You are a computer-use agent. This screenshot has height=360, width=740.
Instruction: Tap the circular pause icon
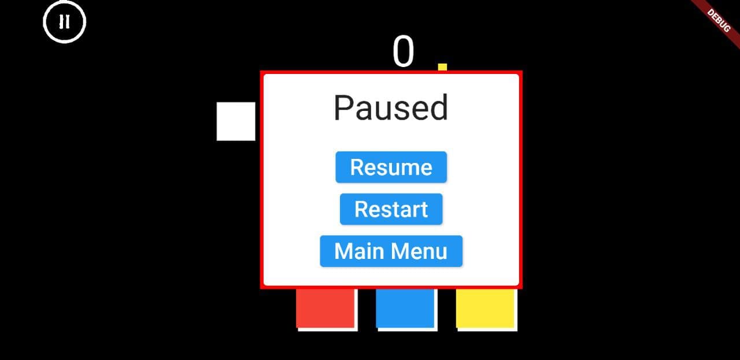64,22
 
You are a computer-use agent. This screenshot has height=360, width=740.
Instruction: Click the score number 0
404,52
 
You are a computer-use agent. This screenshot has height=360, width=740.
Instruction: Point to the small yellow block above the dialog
442,67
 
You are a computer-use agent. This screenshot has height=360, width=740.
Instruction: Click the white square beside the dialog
236,121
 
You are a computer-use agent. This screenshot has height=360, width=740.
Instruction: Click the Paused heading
391,107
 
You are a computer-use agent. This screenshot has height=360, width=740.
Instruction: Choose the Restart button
391,209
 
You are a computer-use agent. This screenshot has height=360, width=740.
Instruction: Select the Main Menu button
391,251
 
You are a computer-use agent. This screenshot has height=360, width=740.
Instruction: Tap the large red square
325,307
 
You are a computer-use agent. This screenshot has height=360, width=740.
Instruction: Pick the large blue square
405,307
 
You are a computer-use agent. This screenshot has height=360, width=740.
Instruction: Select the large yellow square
484,307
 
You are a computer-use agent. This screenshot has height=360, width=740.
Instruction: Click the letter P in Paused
344,107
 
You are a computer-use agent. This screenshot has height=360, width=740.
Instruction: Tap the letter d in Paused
438,107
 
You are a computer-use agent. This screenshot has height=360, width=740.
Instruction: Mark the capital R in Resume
357,168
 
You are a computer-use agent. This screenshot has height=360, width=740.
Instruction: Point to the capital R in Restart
361,209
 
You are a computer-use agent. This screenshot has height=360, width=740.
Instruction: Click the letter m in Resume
409,168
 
